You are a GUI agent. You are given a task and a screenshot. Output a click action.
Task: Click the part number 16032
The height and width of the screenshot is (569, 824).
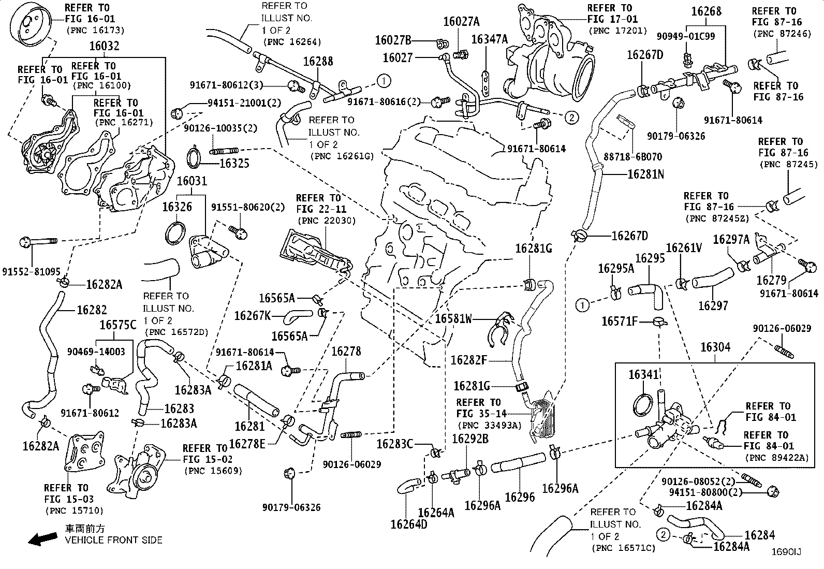click(104, 46)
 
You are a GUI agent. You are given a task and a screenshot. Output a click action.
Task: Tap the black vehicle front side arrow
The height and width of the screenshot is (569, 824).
click(43, 539)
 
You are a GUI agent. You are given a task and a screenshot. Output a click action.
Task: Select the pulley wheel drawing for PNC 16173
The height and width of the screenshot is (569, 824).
click(30, 23)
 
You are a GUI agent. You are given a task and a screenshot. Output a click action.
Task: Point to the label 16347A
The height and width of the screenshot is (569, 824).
click(489, 39)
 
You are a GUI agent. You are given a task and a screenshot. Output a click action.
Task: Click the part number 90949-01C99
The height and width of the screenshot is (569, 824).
click(686, 36)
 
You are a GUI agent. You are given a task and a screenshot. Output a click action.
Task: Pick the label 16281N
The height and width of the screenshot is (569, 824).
click(645, 174)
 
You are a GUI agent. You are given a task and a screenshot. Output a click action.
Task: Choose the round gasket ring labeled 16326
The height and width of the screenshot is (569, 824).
click(175, 234)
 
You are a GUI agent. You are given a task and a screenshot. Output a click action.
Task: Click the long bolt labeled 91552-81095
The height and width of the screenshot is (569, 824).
click(38, 242)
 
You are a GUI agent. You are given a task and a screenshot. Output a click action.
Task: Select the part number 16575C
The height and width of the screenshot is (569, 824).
click(117, 325)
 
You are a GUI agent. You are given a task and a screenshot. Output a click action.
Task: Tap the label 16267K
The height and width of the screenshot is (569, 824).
click(253, 316)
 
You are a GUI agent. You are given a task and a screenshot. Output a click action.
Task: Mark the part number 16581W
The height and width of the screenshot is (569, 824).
click(453, 318)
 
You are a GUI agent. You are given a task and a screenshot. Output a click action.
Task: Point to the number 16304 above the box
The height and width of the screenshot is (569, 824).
click(715, 347)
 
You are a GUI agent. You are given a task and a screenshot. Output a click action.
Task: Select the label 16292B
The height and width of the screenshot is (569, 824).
click(470, 439)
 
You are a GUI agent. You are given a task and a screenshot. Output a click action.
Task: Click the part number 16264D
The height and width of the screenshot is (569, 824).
click(409, 524)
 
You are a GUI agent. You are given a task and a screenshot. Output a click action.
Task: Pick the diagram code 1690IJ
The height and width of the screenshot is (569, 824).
click(786, 552)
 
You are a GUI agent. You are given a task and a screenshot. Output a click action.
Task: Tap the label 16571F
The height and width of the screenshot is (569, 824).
click(620, 322)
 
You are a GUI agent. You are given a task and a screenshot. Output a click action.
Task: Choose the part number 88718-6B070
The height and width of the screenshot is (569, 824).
click(632, 157)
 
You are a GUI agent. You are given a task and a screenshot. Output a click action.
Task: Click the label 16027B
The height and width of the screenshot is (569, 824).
click(393, 40)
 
